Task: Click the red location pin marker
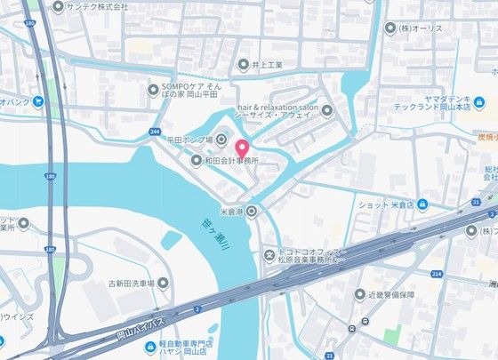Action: [241, 146]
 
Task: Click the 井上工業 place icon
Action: [244, 65]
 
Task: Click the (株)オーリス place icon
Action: [390, 28]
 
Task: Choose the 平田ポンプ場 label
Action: [189, 140]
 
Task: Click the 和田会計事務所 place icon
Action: [197, 161]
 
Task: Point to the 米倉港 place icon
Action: [253, 211]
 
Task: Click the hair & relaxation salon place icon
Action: [326, 111]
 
